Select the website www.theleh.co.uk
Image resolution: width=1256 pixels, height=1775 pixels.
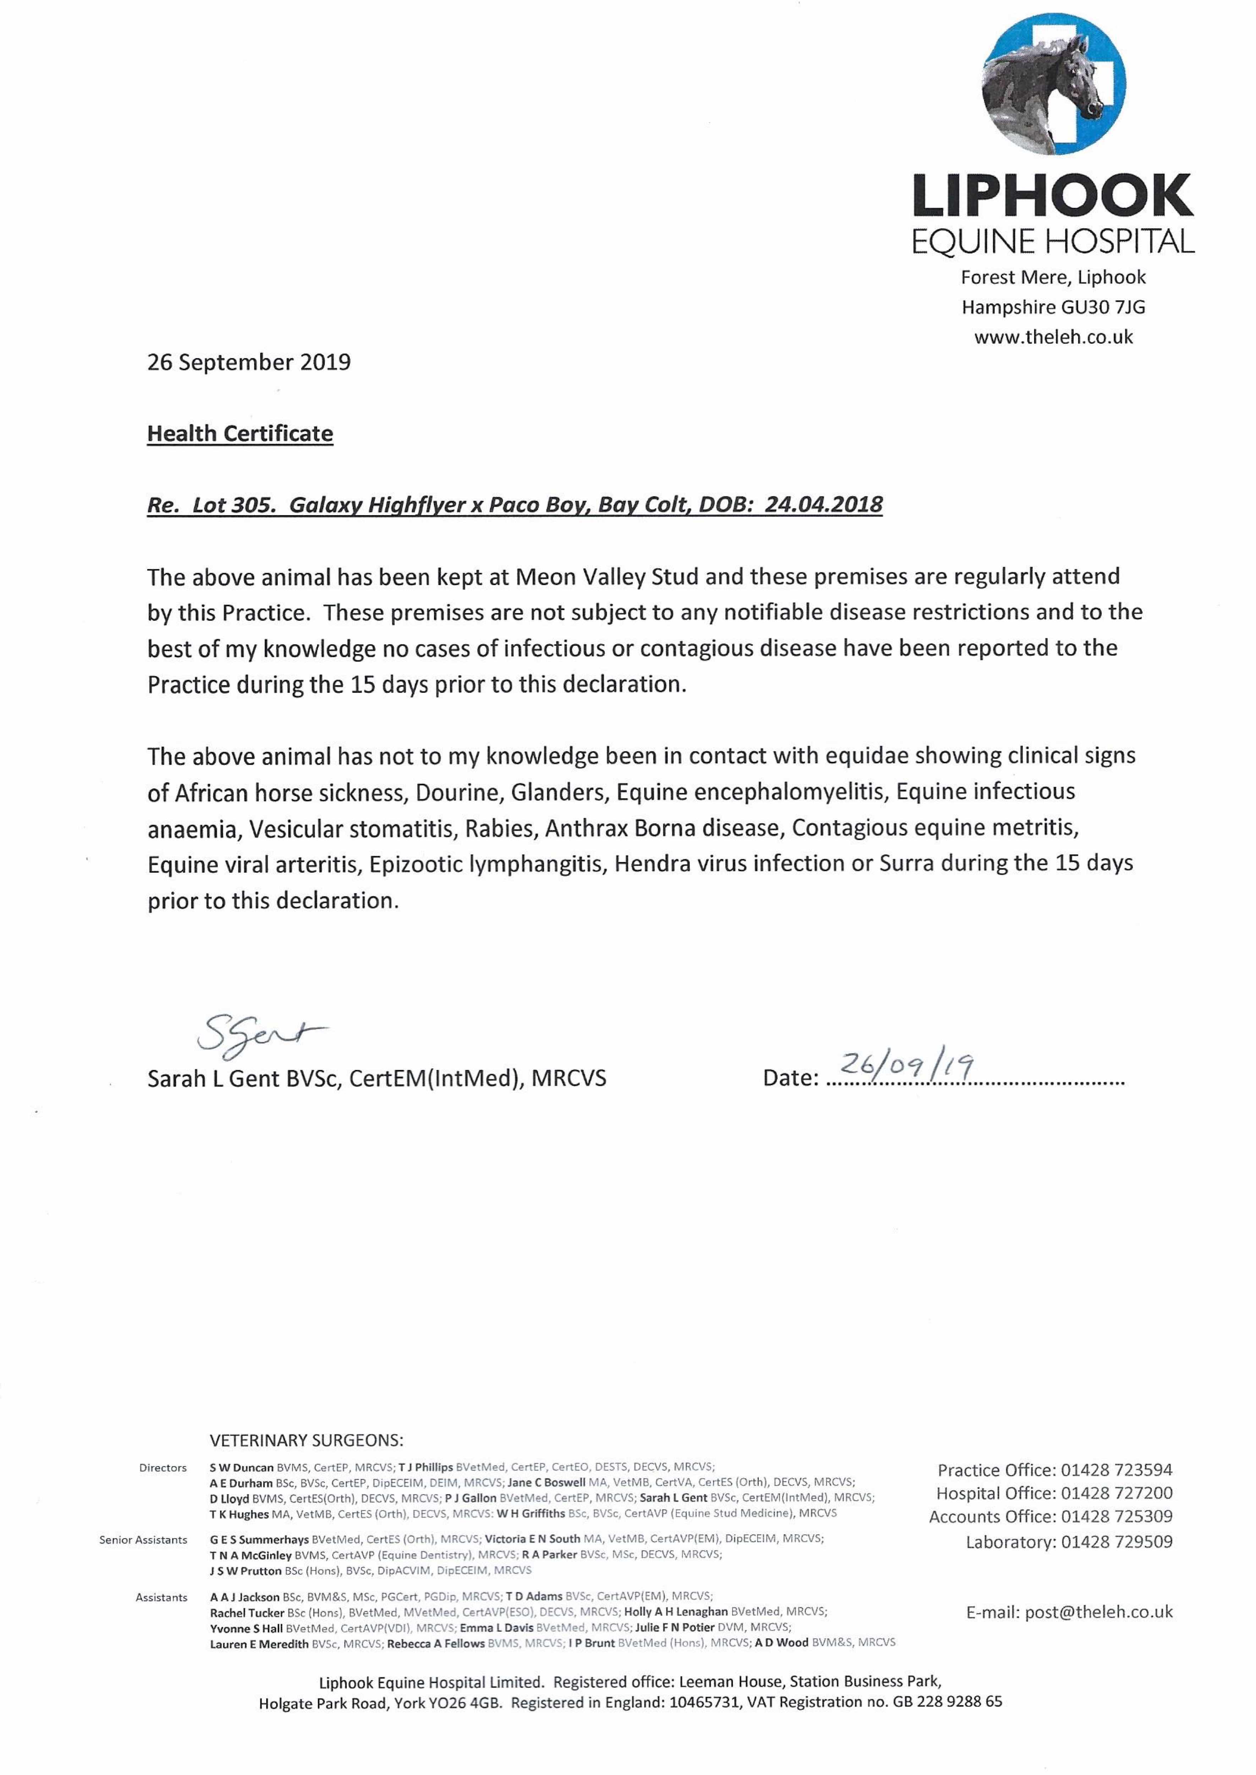pyautogui.click(x=1053, y=337)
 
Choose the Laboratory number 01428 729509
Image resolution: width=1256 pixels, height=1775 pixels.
pyautogui.click(x=1116, y=1541)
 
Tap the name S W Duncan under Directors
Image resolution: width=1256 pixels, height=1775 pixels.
pyautogui.click(x=241, y=1467)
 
